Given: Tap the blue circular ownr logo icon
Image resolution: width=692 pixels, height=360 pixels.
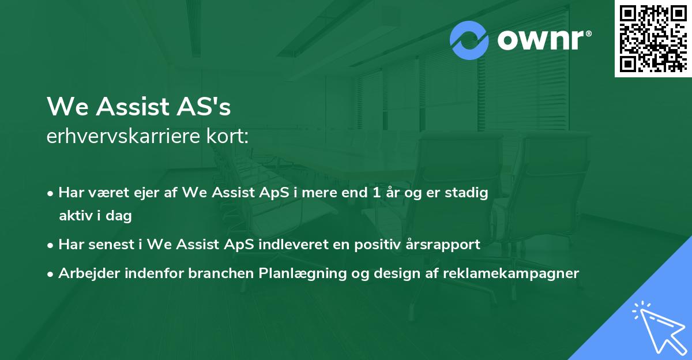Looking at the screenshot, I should (469, 40).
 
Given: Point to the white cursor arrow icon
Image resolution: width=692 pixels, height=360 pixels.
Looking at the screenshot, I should (657, 325).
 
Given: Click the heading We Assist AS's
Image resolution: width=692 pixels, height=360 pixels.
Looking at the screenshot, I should (139, 106).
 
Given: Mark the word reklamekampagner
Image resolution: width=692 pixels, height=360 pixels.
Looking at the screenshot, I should (510, 273).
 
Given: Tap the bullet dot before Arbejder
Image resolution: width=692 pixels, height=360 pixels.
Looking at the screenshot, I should (51, 274).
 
